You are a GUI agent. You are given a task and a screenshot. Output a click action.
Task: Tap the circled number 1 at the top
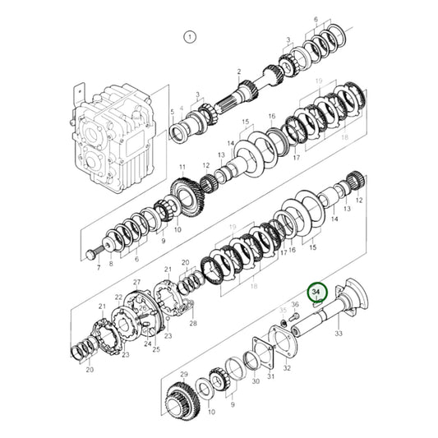pos(190,37)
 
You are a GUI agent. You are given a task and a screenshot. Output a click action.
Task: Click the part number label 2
pos(239,73)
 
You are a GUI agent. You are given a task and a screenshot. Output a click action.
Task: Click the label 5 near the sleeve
pos(172,111)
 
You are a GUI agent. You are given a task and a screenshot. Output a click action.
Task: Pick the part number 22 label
pos(118,297)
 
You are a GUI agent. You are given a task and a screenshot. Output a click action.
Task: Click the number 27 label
pos(137,282)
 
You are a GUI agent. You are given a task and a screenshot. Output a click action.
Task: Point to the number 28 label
pos(193,323)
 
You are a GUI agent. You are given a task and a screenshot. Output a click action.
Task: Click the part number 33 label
pos(338,334)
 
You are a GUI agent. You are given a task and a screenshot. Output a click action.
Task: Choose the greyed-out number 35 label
pos(284,310)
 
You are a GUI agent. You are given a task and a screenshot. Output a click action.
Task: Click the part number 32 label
pos(287,369)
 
